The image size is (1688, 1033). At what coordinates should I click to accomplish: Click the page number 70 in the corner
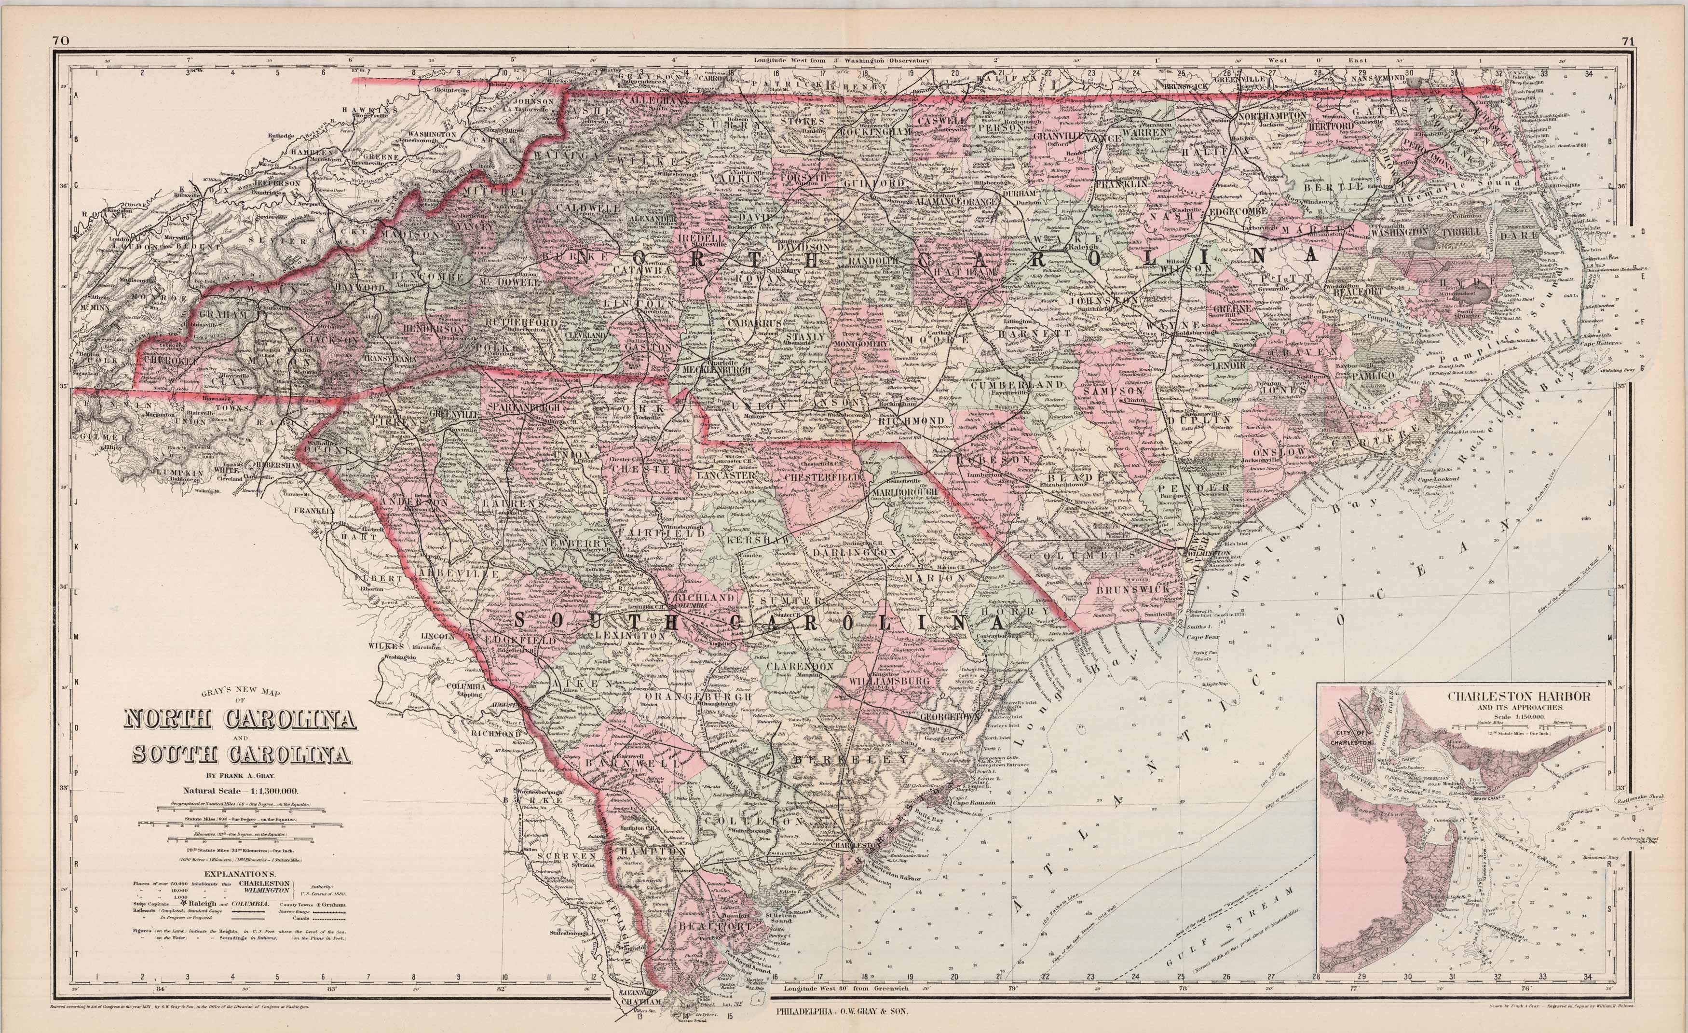60,41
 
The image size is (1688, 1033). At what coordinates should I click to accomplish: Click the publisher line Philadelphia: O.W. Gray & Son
843,1010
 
